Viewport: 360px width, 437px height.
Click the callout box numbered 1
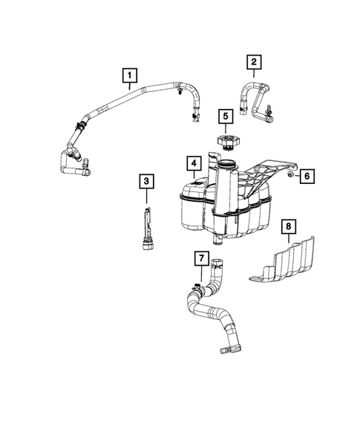pos(130,75)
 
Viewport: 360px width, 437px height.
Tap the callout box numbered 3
pos(146,180)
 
